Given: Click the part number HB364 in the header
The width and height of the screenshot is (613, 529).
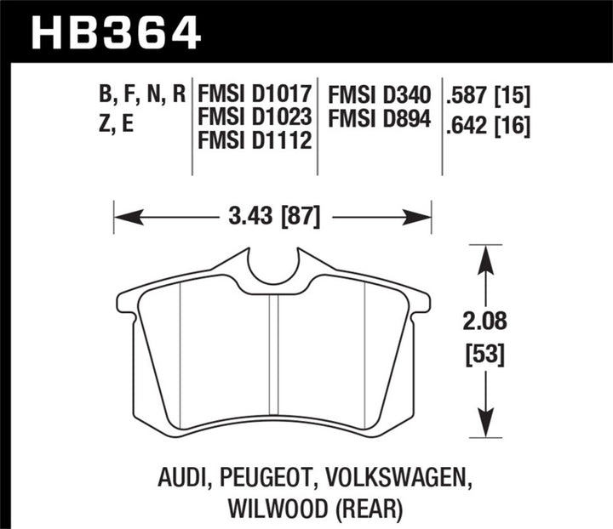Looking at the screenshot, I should [x=116, y=31].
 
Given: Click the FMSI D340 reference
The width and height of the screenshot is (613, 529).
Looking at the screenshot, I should [x=382, y=93].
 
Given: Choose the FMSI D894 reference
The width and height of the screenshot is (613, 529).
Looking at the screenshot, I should [x=382, y=116].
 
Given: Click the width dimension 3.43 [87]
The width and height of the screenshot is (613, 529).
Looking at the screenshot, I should [x=272, y=217].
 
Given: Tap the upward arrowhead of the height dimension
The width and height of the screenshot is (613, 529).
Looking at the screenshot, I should [x=484, y=258].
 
